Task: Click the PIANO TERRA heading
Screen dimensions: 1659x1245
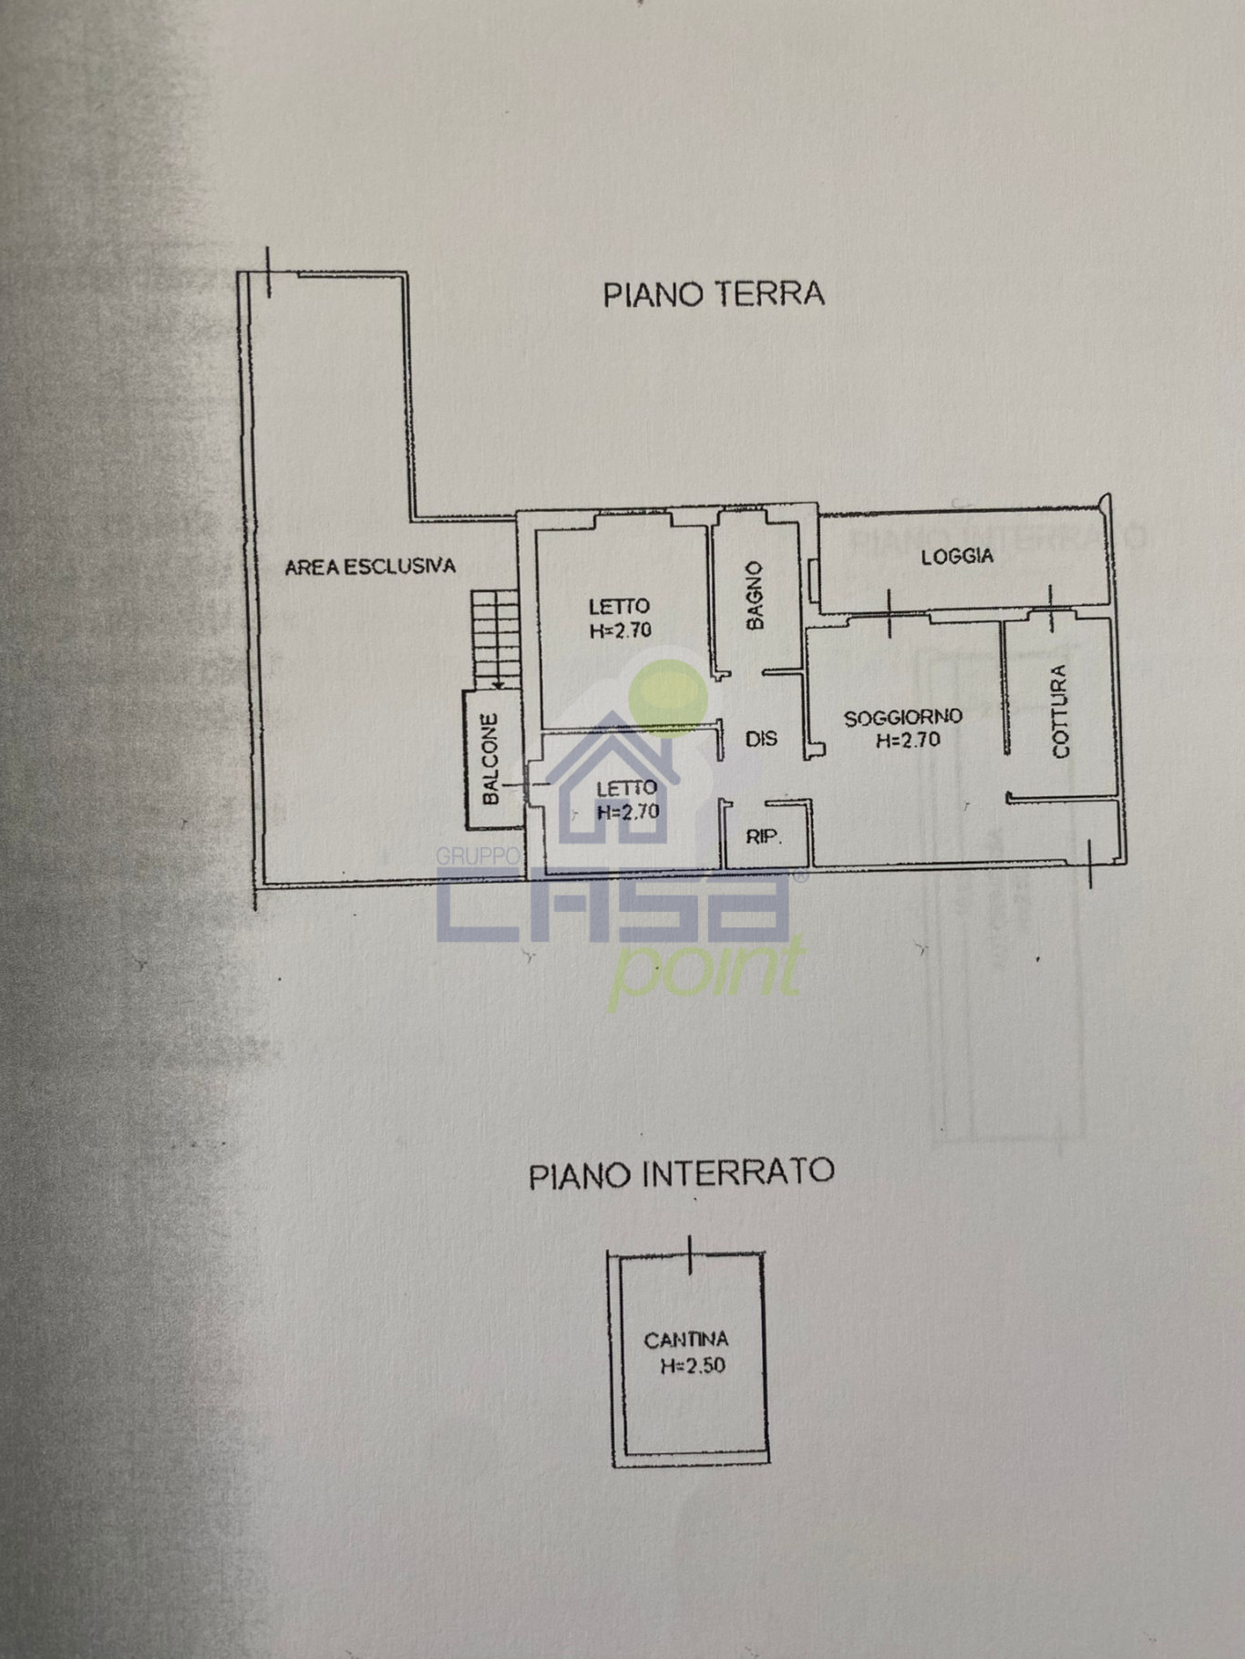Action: (x=714, y=294)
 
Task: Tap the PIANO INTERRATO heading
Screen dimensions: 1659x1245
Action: (x=682, y=1173)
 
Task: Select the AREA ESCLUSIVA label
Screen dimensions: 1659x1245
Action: (x=370, y=567)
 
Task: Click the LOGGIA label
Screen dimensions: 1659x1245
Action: (x=957, y=557)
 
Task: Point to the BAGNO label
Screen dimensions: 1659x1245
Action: (x=755, y=597)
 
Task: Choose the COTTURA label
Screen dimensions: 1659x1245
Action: (x=1060, y=712)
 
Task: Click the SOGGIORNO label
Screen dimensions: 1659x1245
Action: (x=902, y=718)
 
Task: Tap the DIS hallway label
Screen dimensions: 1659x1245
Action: (x=761, y=739)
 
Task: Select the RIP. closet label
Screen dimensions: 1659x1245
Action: (x=764, y=836)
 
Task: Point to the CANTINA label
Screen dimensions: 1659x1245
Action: (x=686, y=1340)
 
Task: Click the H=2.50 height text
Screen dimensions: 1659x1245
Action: (x=693, y=1366)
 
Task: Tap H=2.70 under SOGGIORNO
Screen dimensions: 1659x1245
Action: (x=908, y=741)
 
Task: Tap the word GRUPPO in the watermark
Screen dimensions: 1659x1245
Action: (x=477, y=856)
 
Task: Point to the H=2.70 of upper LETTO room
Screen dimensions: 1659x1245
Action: (x=621, y=629)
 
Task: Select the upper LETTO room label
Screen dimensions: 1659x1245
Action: (x=619, y=606)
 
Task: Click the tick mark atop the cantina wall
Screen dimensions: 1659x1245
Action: (x=691, y=1254)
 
